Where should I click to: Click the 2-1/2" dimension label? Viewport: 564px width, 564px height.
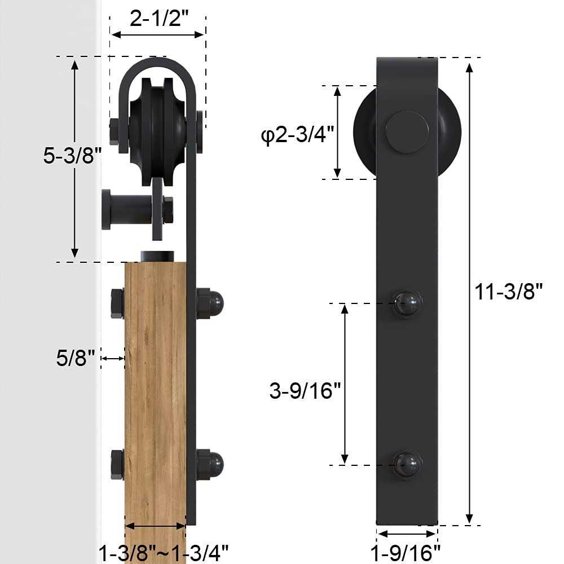pyautogui.click(x=158, y=19)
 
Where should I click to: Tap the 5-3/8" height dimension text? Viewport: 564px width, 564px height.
pyautogui.click(x=72, y=156)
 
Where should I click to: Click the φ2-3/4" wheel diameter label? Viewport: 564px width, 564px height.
pyautogui.click(x=298, y=135)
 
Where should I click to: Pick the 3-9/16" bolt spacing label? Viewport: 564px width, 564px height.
pyautogui.click(x=305, y=390)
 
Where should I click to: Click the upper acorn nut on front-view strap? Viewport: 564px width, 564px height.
pyautogui.click(x=407, y=304)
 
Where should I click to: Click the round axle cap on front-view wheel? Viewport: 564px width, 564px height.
pyautogui.click(x=407, y=132)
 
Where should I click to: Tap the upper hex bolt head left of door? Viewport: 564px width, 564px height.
pyautogui.click(x=117, y=303)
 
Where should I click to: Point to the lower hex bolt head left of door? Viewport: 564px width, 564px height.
pyautogui.click(x=117, y=464)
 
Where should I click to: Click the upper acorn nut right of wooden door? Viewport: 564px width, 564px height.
pyautogui.click(x=210, y=303)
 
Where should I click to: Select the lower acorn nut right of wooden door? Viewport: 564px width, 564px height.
pyautogui.click(x=210, y=464)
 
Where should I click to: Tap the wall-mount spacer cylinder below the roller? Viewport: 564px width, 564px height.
pyautogui.click(x=127, y=209)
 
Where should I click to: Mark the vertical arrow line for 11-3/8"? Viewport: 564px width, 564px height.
pyautogui.click(x=469, y=292)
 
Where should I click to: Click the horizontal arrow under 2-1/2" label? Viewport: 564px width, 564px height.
pyautogui.click(x=157, y=35)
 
